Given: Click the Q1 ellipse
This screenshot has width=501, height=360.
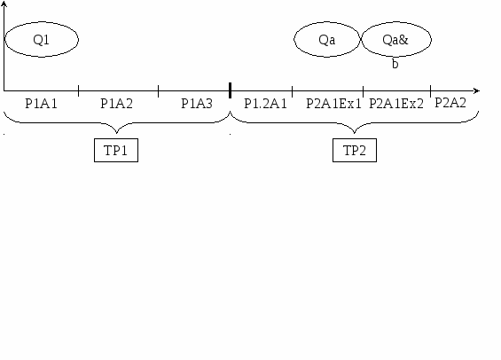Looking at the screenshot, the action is (42, 22).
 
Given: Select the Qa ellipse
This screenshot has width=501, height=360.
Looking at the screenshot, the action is (327, 22).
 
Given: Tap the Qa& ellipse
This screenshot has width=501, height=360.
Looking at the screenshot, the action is (396, 22).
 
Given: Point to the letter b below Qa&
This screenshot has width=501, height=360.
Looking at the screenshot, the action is (395, 64).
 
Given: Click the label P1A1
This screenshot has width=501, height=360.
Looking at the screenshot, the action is (41, 104).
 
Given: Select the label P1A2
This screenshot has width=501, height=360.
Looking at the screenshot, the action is (117, 104).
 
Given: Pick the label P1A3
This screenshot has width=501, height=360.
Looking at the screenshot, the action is (197, 104).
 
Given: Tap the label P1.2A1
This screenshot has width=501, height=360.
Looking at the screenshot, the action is (265, 104).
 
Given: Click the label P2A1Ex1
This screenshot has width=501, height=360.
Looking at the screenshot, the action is (333, 104).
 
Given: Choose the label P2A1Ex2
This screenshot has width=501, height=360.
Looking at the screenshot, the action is (396, 104).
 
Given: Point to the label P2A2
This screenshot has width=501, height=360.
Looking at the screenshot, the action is (450, 103).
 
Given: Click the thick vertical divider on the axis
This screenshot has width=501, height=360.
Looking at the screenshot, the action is (230, 90).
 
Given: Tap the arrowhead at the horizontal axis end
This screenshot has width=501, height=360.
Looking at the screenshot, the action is (477, 90).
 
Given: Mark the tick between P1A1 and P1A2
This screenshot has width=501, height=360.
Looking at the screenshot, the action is (79, 90).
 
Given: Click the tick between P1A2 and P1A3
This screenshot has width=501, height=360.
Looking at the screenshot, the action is (159, 90).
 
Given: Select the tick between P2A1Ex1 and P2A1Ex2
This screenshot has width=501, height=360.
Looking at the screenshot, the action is (364, 91).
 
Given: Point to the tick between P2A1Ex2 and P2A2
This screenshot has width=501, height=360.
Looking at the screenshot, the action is (431, 91).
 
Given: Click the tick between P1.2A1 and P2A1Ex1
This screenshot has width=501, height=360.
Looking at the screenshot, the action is (293, 91).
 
